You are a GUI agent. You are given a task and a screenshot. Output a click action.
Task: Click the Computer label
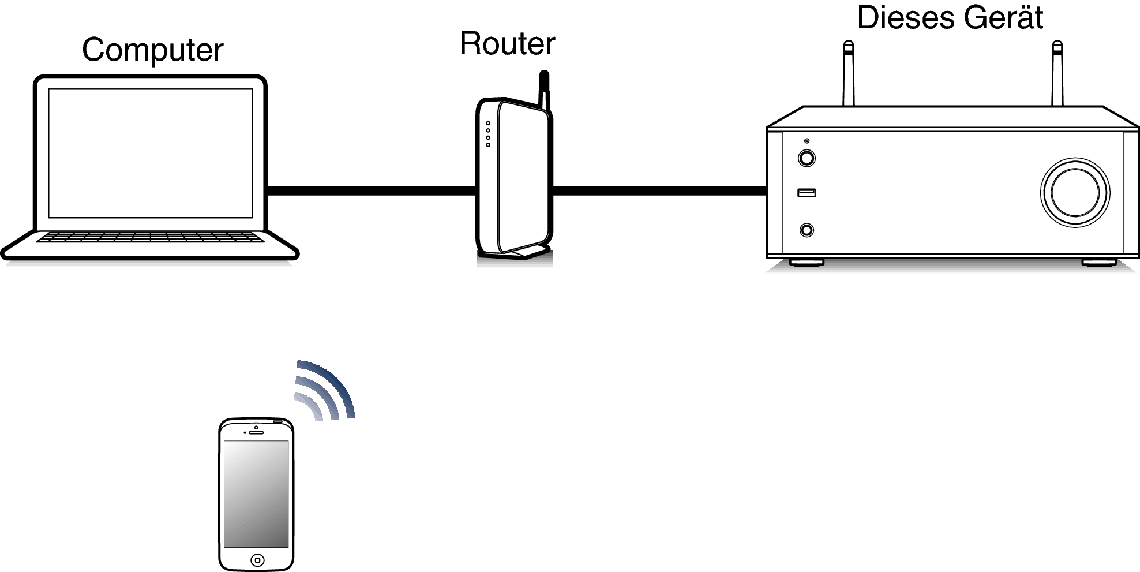coord(152,50)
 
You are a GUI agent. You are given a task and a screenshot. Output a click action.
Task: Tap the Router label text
coord(508,43)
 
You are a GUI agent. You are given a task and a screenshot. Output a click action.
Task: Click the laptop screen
coord(151,153)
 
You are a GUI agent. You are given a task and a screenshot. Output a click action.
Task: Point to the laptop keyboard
coord(150,237)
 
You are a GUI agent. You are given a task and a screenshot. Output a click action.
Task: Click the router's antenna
coord(543,90)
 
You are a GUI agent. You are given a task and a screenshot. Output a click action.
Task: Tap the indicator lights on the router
coord(488,134)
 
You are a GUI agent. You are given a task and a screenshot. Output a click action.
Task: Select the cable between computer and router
coord(372,190)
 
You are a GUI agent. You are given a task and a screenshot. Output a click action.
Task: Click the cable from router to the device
coord(660,190)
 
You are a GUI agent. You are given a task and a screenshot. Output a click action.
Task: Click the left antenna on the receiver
coord(849,73)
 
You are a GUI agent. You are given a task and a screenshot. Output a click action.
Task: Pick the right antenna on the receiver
coord(1057,73)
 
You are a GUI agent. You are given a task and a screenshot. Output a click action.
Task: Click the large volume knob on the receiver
coord(1075,192)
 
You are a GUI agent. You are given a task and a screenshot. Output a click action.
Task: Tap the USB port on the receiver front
coord(807,192)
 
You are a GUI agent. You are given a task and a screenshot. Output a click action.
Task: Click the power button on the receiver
coord(807,158)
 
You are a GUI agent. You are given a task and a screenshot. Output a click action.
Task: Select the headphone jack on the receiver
coord(807,230)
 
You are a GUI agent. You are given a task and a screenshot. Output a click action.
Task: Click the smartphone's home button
coord(257,560)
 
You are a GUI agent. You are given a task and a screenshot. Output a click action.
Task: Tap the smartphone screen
coord(256,494)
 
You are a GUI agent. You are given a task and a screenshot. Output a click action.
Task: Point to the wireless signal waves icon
coord(324,390)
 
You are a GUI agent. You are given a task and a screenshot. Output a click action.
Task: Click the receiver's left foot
coord(807,262)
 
